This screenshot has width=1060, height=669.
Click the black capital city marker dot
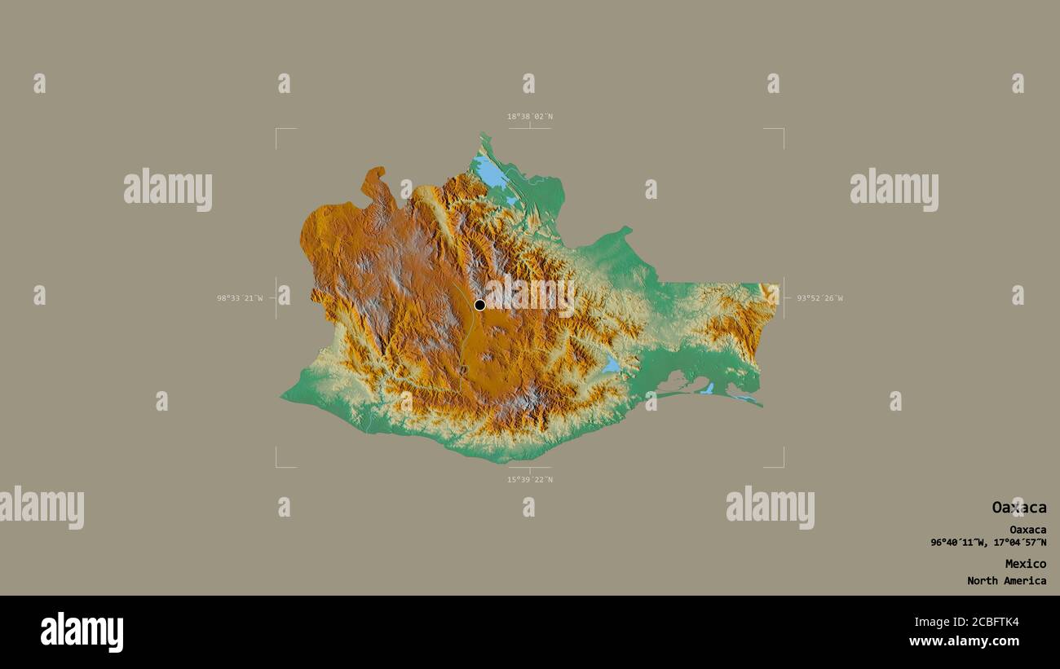click(x=479, y=305)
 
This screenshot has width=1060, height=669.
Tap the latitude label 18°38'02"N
click(x=530, y=117)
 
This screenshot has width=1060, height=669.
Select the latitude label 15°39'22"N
click(x=530, y=479)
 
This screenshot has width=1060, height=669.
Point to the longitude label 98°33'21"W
click(x=240, y=298)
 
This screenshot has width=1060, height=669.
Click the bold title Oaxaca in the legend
click(x=1018, y=508)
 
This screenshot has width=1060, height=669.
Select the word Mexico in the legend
click(x=1025, y=564)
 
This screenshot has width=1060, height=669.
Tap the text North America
click(x=1006, y=581)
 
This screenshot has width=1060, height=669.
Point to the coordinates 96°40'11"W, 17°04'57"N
click(x=988, y=543)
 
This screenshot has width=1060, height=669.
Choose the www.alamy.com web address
click(x=965, y=641)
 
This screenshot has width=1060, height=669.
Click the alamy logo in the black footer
click(x=82, y=632)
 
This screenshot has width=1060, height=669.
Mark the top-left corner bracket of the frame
click(x=277, y=130)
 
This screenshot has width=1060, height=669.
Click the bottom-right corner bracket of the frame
click(x=782, y=466)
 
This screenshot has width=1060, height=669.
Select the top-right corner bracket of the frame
click(x=782, y=130)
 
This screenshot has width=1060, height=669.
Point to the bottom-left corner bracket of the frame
click(x=277, y=466)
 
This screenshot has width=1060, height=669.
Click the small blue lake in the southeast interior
click(x=612, y=365)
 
